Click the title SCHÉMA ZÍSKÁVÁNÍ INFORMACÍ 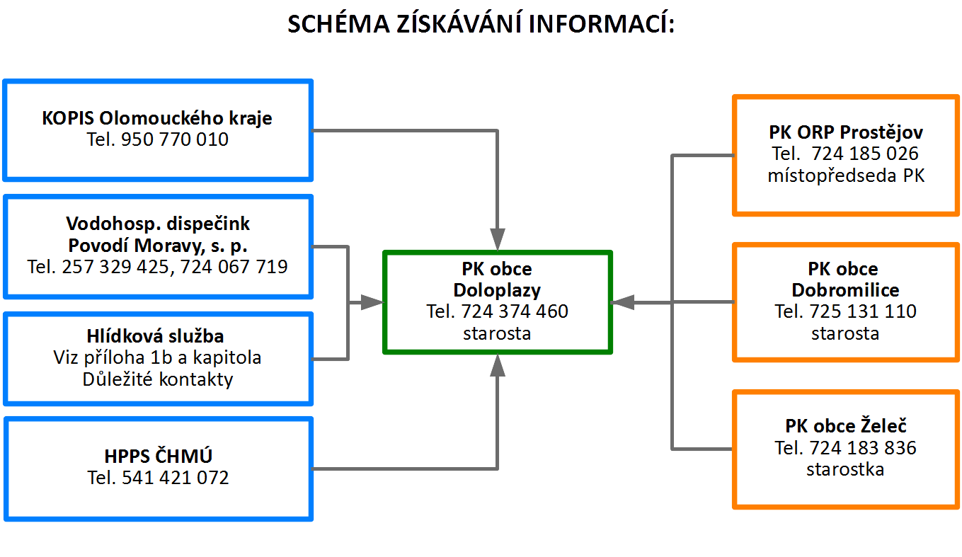coord(481,23)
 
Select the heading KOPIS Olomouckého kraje coord(157,118)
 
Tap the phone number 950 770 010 coord(175,139)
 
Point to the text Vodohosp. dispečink coord(158,224)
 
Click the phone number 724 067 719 coord(234,267)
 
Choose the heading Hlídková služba coord(156,336)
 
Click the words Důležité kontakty coord(158,379)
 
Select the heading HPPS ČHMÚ coord(159,455)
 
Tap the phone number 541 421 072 coord(176,478)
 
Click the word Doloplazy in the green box coord(498,290)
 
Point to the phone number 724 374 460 coord(515,311)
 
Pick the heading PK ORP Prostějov coord(846,132)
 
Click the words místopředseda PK coord(846,176)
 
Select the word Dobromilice coord(846,290)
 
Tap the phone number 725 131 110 coord(863,311)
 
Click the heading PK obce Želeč coord(846,425)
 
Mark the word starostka coord(845,469)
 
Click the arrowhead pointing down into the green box coord(498,239)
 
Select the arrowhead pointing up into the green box coord(498,365)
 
